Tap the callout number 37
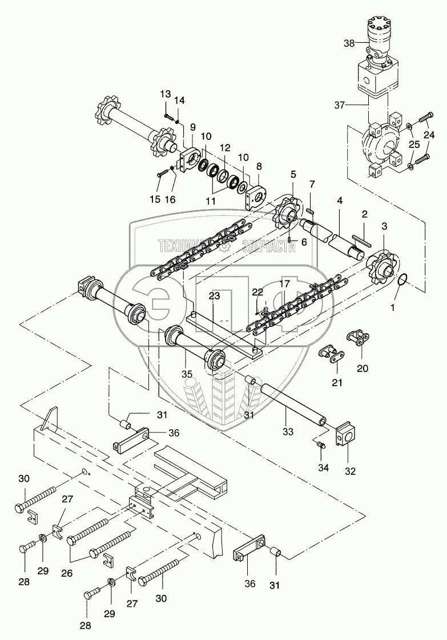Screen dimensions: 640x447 341,104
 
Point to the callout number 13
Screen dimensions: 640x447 165,94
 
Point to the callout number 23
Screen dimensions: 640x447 214,296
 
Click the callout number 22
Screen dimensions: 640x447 258,293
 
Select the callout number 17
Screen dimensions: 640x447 285,283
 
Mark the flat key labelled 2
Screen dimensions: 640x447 360,235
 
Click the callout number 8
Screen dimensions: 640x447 259,167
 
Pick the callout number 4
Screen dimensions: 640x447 339,201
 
